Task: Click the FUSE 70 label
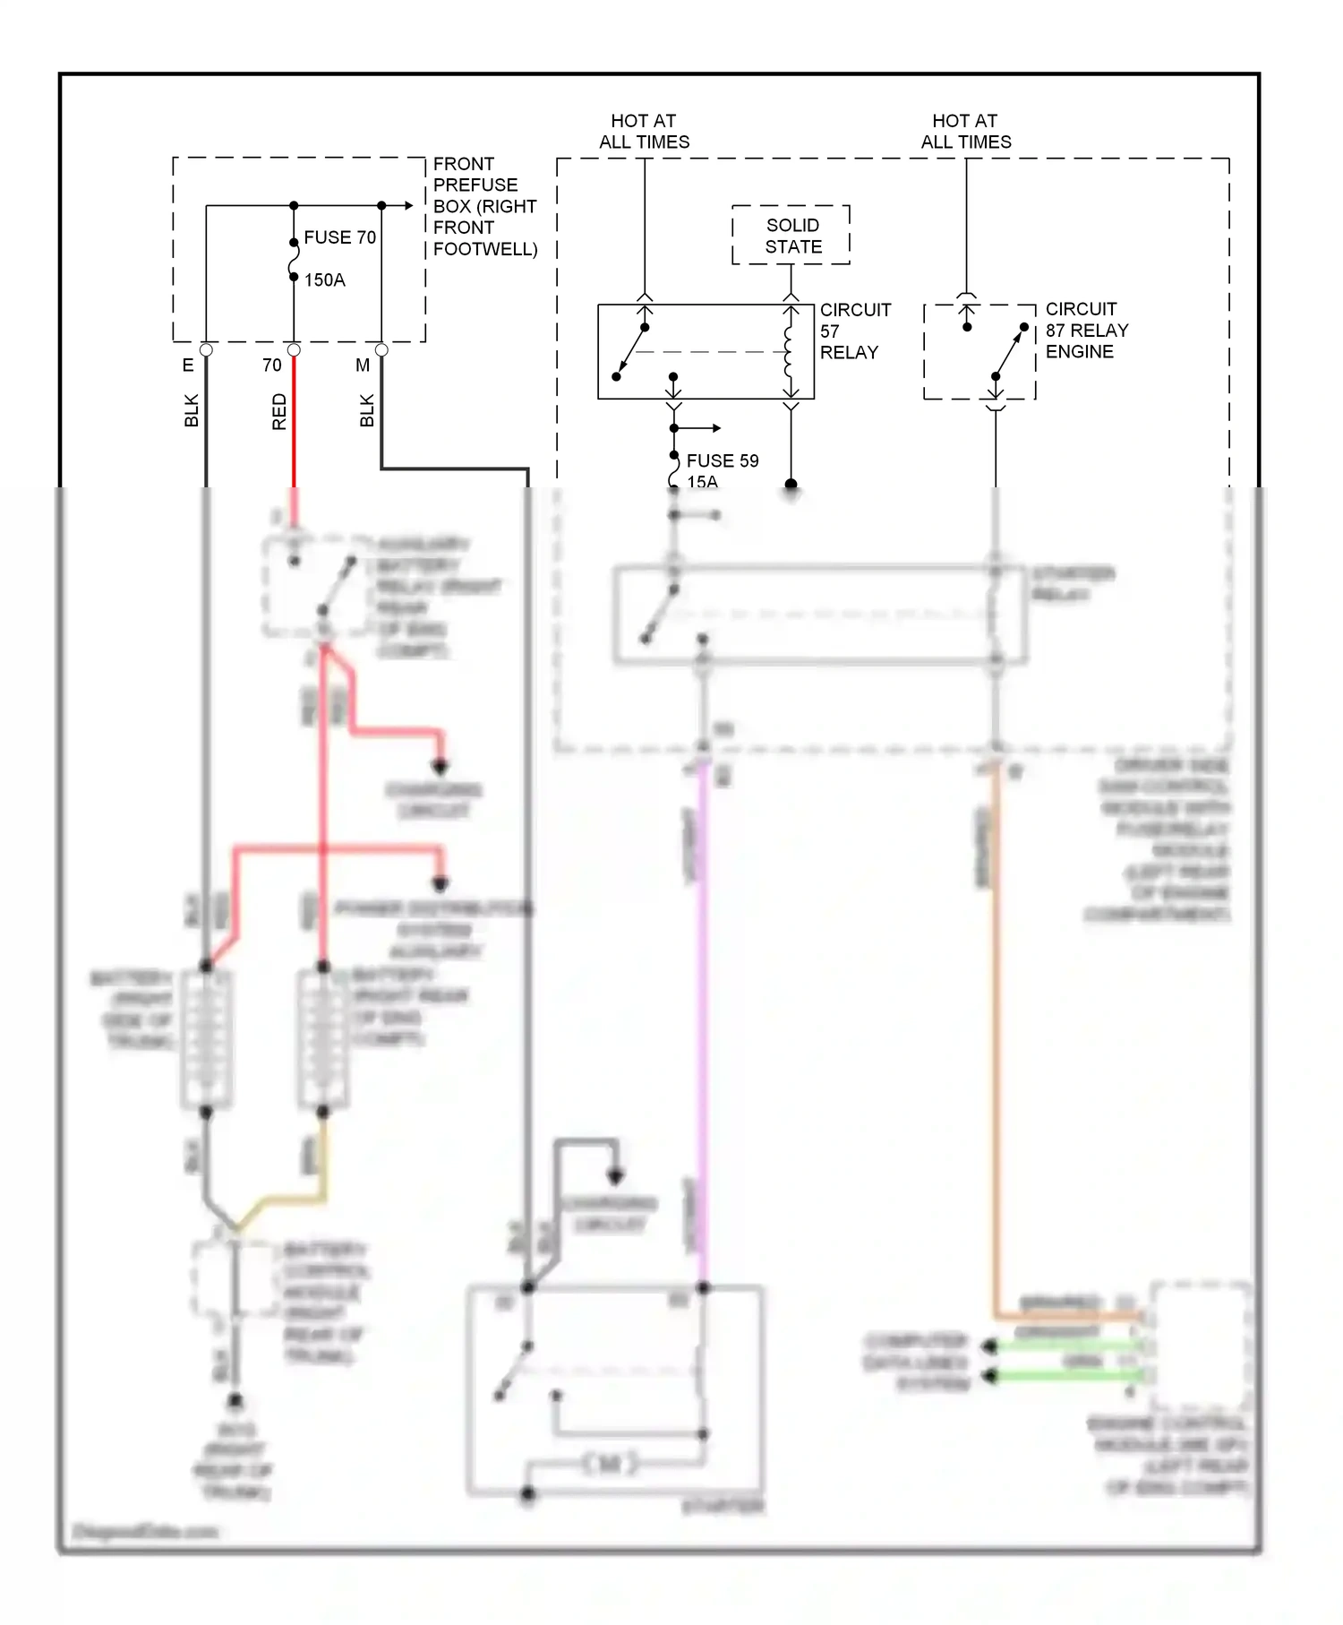click(x=339, y=237)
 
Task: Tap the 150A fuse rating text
click(x=324, y=280)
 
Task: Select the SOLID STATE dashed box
click(x=791, y=236)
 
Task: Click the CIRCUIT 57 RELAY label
click(x=854, y=331)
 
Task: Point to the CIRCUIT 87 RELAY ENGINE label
click(x=1086, y=331)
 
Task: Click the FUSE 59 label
click(x=722, y=460)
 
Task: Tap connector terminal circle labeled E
click(x=206, y=349)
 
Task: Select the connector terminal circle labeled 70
click(x=294, y=349)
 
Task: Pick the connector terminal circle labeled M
click(x=381, y=349)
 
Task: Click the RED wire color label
click(x=279, y=411)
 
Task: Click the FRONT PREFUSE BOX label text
click(x=483, y=206)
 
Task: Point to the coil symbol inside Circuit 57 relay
click(x=790, y=352)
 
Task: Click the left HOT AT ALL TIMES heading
click(x=644, y=132)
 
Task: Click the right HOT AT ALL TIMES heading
click(x=965, y=132)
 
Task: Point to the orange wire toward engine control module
click(x=994, y=1030)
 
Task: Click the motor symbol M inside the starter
click(x=610, y=1465)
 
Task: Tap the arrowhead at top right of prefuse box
click(x=409, y=206)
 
